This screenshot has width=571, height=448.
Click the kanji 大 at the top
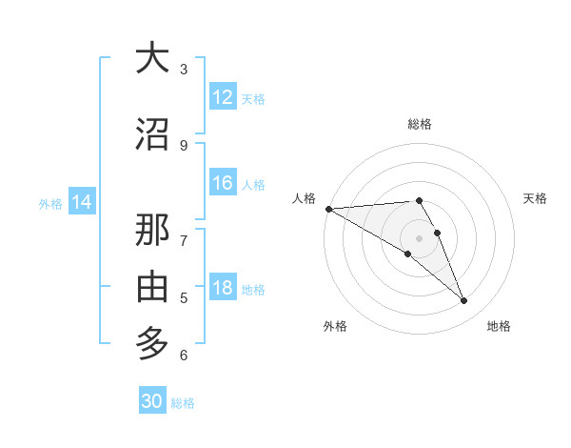point(152,58)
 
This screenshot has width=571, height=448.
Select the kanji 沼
point(152,134)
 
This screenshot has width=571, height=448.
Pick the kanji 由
point(152,286)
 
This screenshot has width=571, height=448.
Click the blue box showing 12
point(223,97)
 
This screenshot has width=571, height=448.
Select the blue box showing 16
point(223,184)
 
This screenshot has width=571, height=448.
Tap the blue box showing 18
point(223,289)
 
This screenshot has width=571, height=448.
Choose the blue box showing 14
point(82,202)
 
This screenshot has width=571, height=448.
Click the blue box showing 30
point(152,401)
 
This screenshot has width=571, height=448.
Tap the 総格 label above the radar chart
point(419,124)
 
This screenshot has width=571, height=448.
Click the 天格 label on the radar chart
point(536,198)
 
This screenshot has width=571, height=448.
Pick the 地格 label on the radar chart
point(499,327)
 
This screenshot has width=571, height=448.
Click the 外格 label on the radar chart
point(335,327)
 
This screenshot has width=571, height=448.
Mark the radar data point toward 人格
point(328,209)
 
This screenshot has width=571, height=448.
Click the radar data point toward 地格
point(464,301)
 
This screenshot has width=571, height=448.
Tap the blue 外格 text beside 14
point(50,203)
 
